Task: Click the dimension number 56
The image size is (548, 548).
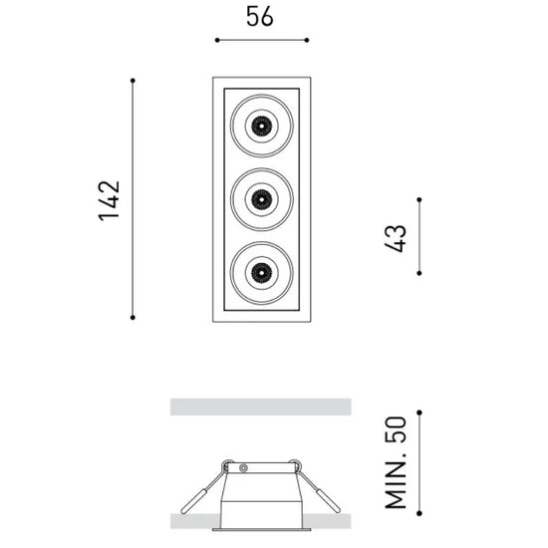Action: (260, 16)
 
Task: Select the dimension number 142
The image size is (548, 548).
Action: (110, 201)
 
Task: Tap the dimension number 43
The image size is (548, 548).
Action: (396, 238)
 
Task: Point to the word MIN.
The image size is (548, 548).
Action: (396, 481)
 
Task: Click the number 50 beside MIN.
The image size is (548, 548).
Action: (396, 429)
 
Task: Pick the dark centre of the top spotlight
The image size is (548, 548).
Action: (261, 126)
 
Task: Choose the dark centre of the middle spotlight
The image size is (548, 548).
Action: (261, 199)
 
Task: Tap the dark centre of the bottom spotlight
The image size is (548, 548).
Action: (261, 273)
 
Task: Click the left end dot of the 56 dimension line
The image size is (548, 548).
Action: (217, 40)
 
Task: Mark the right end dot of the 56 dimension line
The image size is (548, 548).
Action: (307, 40)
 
